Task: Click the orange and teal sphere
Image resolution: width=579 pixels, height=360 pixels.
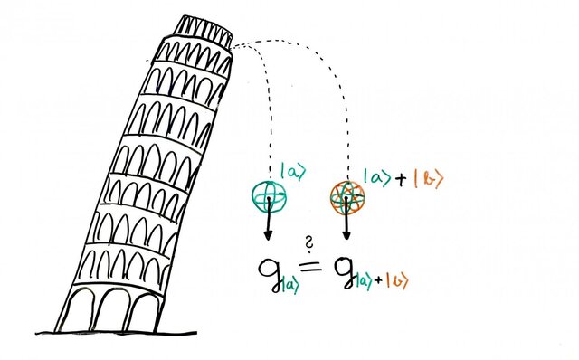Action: pyautogui.click(x=346, y=196)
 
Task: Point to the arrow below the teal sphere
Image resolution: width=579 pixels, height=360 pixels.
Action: pyautogui.click(x=268, y=224)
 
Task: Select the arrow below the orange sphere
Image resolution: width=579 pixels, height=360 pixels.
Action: pyautogui.click(x=346, y=226)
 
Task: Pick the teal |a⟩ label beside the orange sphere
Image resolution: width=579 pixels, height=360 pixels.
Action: pyautogui.click(x=376, y=176)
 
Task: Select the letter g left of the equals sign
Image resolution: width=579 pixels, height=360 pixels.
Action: pyautogui.click(x=269, y=270)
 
